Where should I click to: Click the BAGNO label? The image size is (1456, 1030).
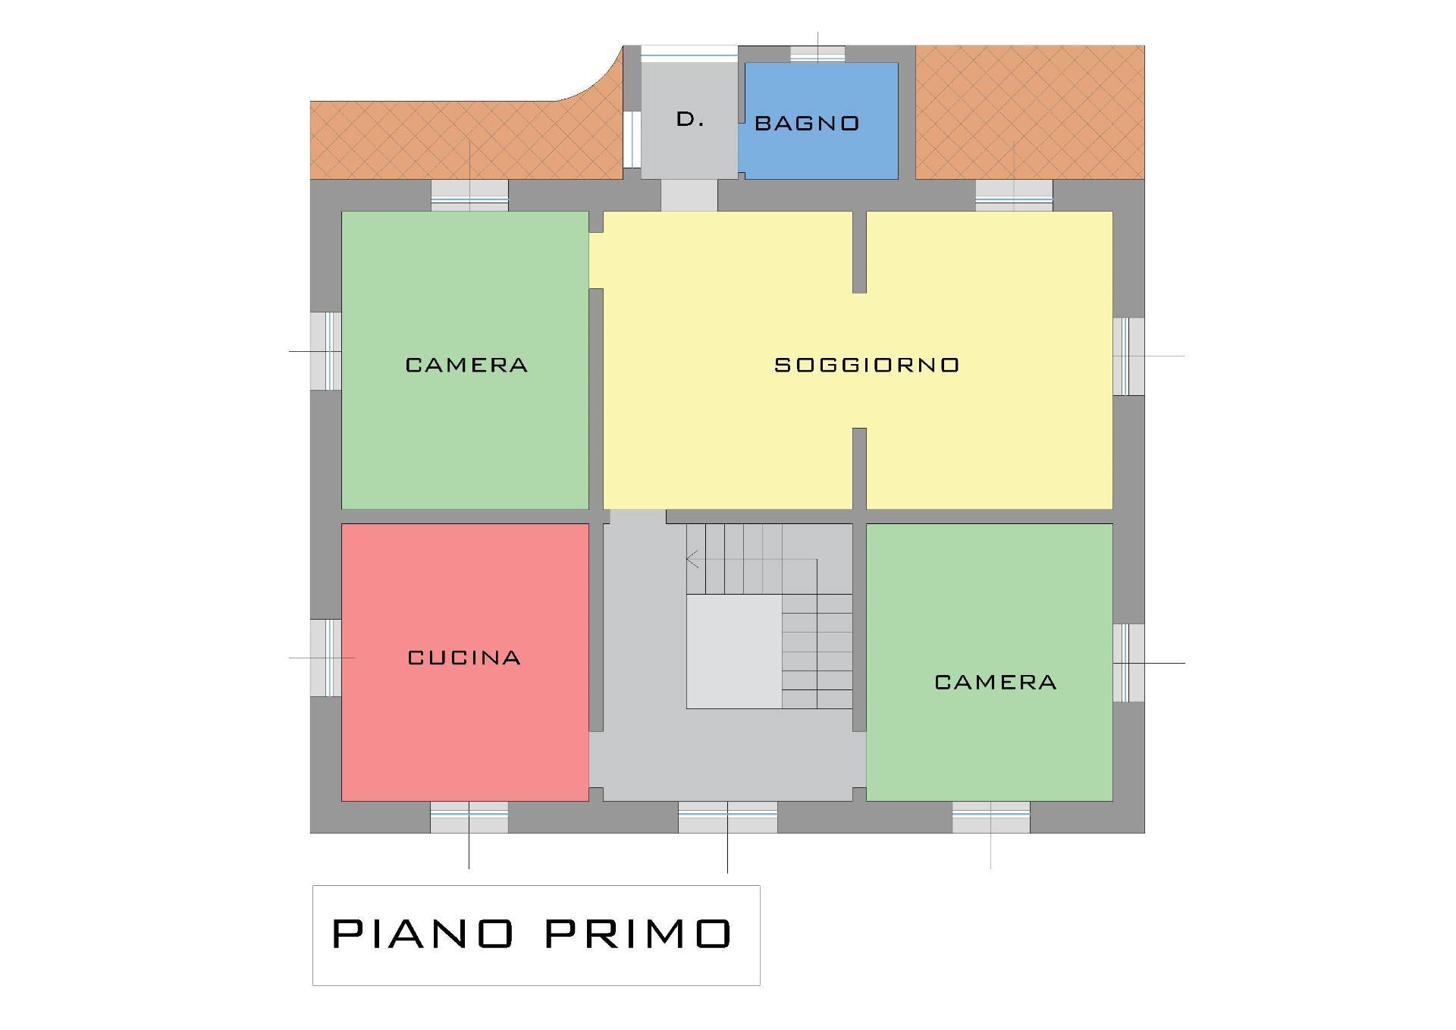click(807, 124)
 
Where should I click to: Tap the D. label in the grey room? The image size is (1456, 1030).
click(690, 119)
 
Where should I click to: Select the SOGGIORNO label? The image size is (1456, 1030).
click(867, 365)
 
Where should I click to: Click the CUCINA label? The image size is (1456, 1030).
click(464, 658)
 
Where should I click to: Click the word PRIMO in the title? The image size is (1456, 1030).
click(639, 934)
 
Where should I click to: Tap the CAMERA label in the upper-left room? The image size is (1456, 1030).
click(466, 365)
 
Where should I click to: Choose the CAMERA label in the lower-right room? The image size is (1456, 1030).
click(996, 682)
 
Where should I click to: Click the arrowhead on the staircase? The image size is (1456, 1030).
click(692, 560)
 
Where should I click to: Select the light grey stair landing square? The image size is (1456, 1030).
click(733, 652)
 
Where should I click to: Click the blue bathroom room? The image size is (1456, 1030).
click(821, 121)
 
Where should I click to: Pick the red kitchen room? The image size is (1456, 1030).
click(465, 662)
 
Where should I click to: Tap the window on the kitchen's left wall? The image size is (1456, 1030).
click(325, 658)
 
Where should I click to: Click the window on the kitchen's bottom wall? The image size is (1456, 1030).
click(469, 817)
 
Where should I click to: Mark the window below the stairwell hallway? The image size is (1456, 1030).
click(727, 817)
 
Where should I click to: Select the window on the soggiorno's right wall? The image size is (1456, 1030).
click(1128, 356)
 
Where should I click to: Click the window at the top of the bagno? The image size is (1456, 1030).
click(817, 54)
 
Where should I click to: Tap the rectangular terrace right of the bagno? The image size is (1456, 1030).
click(1030, 112)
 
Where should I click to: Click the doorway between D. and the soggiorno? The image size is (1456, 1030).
click(689, 196)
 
